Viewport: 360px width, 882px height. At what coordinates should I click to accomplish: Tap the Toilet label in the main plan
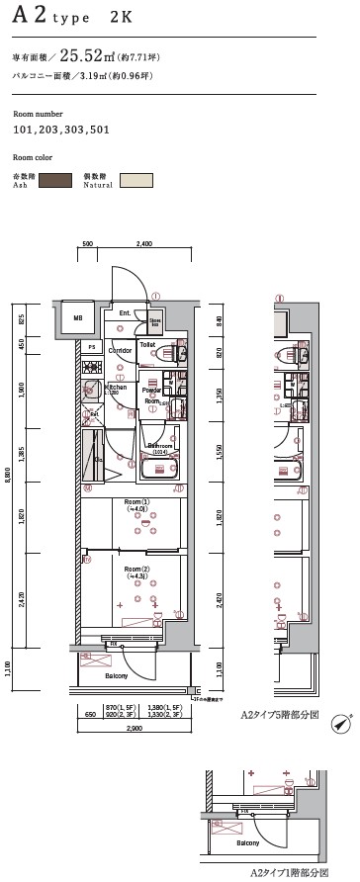tap(147, 345)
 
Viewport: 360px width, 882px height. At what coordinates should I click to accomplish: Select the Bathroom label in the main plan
tap(159, 445)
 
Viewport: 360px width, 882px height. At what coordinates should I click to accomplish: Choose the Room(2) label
tap(136, 571)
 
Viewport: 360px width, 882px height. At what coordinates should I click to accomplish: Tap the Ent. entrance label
tap(125, 313)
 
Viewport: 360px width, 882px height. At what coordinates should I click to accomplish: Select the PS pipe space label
tap(91, 347)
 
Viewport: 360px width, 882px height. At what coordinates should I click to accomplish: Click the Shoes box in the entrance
tap(155, 321)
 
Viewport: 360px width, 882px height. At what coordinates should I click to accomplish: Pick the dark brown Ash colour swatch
tap(55, 180)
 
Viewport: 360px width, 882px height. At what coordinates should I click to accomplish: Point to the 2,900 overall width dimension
tap(134, 728)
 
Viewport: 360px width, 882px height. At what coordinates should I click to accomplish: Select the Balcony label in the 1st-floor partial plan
tap(247, 842)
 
